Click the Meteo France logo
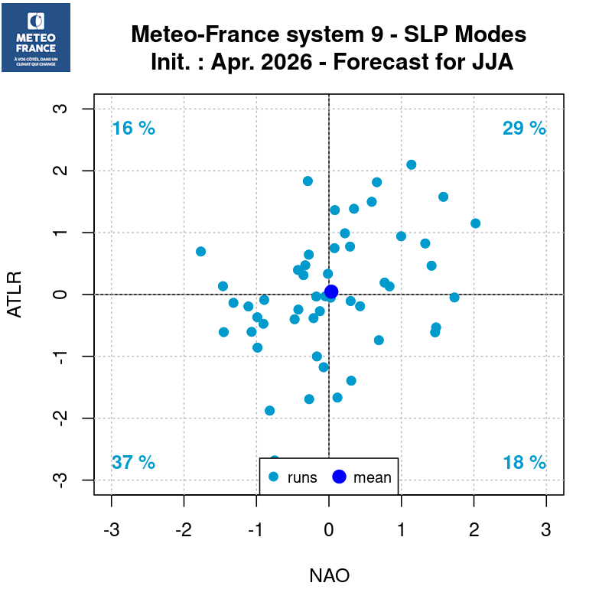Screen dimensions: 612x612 [x=36, y=37]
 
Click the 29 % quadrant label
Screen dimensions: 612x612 [x=524, y=129]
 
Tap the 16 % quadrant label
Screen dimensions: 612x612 [x=133, y=129]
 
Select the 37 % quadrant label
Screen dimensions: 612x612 [x=133, y=462]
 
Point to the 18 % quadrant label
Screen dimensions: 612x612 [x=524, y=462]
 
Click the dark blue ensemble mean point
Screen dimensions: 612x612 [x=331, y=291]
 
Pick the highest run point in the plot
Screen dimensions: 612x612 [x=411, y=164]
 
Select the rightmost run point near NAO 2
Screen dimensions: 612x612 [x=475, y=223]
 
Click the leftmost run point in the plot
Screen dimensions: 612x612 [x=200, y=252]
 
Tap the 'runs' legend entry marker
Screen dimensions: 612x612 [x=275, y=477]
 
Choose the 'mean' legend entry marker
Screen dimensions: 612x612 [x=340, y=477]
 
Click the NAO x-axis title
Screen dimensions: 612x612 [x=329, y=575]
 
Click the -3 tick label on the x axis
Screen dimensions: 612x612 [x=112, y=529]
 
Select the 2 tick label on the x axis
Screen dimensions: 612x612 [x=474, y=529]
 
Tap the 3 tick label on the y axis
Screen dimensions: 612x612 [x=63, y=109]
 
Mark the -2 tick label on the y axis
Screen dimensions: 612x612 [x=63, y=418]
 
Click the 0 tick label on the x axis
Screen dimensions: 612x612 [x=329, y=529]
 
